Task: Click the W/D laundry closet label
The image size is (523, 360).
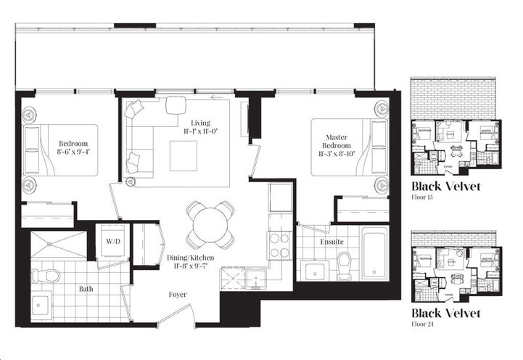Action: [x=114, y=240]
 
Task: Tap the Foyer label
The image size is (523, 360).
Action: [x=177, y=295]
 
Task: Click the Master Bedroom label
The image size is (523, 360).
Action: [x=335, y=139]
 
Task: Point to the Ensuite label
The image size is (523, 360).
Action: [x=332, y=241]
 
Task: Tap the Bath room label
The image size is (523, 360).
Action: [x=86, y=289]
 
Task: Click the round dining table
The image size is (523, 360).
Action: [x=210, y=224]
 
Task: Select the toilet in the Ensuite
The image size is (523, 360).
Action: [x=344, y=265]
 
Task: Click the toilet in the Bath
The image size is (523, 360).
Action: [x=49, y=276]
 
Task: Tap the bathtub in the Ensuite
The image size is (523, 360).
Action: [x=374, y=254]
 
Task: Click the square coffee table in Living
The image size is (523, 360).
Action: [x=183, y=154]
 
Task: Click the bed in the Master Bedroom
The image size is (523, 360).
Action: [x=348, y=148]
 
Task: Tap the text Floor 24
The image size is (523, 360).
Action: [x=424, y=326]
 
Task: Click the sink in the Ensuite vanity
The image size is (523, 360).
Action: [x=314, y=270]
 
